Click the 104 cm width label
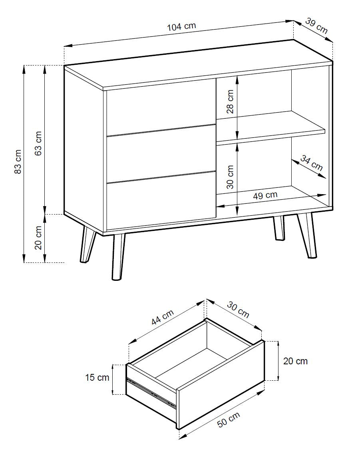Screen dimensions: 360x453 181,27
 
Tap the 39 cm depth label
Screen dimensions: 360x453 316,26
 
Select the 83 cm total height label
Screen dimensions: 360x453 18,161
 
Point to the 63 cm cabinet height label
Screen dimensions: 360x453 38,143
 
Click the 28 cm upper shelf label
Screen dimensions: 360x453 230,101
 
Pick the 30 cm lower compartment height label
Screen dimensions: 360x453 230,177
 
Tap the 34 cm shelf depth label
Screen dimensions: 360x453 312,163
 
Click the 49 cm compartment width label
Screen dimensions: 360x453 265,196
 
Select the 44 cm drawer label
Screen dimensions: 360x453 163,317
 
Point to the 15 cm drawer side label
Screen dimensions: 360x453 97,377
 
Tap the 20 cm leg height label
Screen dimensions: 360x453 38,237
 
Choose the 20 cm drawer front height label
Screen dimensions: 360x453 295,361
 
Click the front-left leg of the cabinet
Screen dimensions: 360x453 118,257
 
